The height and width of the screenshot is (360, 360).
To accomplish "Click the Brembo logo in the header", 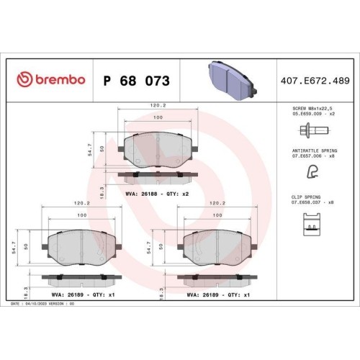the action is [51, 80].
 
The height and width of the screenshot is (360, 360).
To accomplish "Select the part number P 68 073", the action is [136, 81].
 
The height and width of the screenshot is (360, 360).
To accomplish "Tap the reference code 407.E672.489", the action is [315, 81].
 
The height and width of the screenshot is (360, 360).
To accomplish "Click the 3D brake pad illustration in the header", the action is [232, 81].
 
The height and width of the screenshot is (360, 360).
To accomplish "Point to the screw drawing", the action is [314, 131].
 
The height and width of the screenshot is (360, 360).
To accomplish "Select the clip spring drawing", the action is [312, 225].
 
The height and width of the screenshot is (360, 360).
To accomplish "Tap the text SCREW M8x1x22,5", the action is [312, 109].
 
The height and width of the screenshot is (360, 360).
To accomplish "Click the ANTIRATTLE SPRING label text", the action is [315, 150].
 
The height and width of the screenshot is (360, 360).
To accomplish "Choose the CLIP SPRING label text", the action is [306, 197].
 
